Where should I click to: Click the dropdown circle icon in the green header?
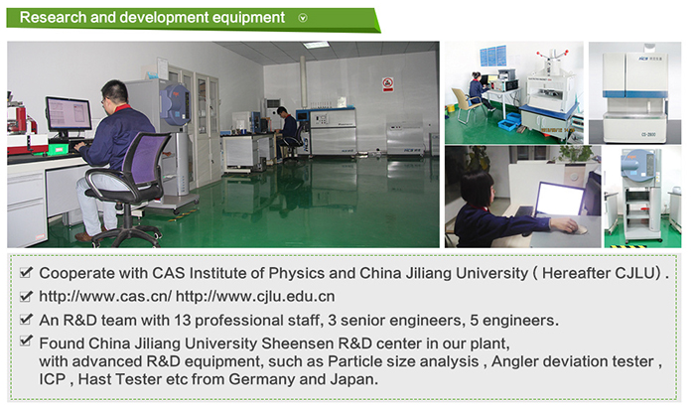[303, 18]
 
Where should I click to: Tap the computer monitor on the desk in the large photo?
[69, 115]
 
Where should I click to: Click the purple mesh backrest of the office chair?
[145, 158]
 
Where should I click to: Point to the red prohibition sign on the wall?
[388, 84]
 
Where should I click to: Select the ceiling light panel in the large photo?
[316, 45]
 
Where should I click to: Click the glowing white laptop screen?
[559, 199]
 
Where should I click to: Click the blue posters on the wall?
[492, 56]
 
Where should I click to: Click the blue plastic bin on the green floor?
[509, 124]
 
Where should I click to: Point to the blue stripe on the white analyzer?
[634, 94]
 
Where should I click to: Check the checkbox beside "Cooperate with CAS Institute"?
[26, 272]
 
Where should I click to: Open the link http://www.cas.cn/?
[105, 296]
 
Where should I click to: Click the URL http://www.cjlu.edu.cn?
[255, 296]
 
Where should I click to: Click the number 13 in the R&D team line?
[183, 320]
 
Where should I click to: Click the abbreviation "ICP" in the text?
[53, 379]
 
